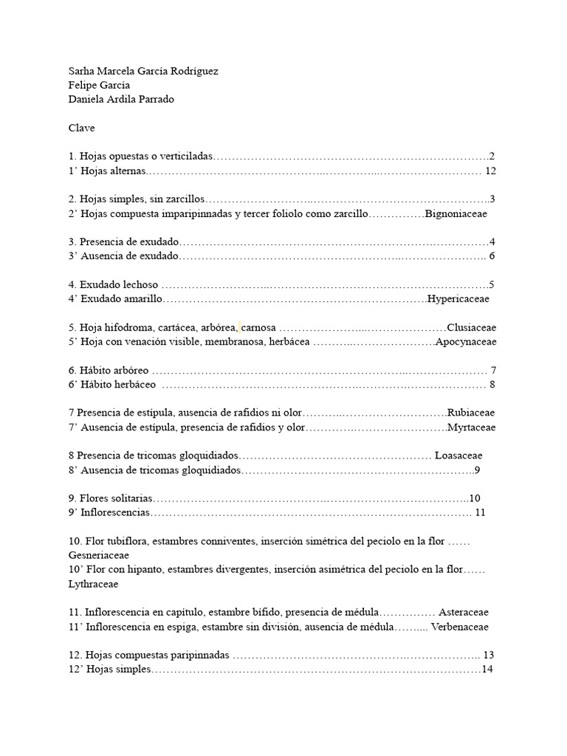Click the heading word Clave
(x=81, y=128)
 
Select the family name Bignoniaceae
(x=456, y=213)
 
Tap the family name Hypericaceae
(x=458, y=299)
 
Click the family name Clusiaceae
(x=472, y=327)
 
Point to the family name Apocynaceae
(x=466, y=342)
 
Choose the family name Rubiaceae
(x=472, y=413)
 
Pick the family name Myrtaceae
(x=472, y=427)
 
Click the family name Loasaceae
(x=458, y=456)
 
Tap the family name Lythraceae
(x=92, y=583)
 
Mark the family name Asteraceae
(x=464, y=612)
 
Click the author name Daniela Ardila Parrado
(x=121, y=100)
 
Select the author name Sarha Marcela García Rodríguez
(x=143, y=71)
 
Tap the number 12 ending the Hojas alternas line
(x=492, y=171)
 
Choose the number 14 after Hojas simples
(x=487, y=670)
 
